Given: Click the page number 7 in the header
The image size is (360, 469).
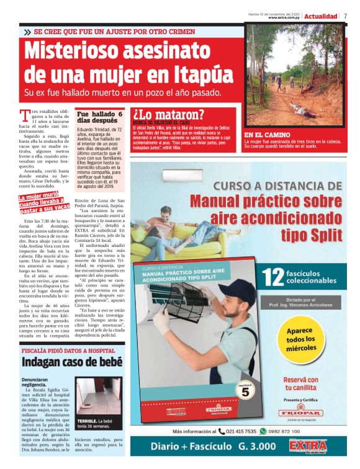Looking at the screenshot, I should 345,16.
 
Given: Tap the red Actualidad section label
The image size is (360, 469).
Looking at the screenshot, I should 320,16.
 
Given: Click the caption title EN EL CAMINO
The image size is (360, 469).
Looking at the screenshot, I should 268,135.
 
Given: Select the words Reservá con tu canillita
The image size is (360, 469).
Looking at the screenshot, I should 301,383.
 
